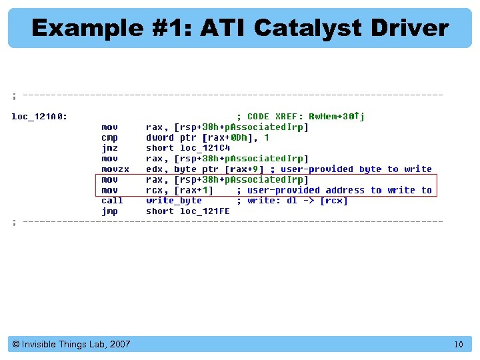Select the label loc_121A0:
39,116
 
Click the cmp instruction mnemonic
109,137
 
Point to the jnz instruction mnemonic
109,148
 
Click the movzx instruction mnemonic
115,169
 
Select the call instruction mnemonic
112,200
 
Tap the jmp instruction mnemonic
109,211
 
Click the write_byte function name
174,200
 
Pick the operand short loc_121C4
188,148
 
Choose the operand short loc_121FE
188,211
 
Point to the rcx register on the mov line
154,190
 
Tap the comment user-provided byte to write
356,169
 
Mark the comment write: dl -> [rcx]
297,200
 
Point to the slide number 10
458,345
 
